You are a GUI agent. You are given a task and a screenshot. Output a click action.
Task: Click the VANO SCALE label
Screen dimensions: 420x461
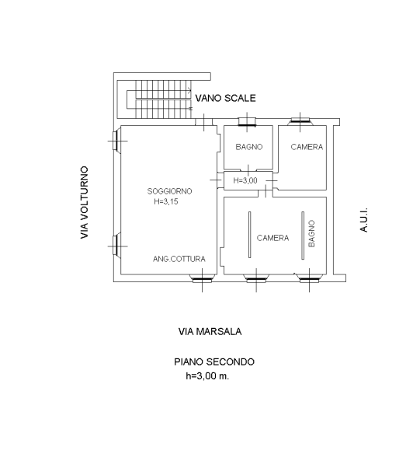[225, 98]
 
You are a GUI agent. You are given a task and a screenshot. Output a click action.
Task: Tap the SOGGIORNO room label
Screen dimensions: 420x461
[170, 191]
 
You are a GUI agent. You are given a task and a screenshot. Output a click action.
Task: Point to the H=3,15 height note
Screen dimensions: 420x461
[166, 201]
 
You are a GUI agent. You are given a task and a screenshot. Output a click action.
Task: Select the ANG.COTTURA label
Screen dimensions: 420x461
[179, 259]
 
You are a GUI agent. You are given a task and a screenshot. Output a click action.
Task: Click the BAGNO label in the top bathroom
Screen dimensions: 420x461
[249, 147]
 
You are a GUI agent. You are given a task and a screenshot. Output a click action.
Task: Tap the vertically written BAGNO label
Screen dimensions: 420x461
[311, 234]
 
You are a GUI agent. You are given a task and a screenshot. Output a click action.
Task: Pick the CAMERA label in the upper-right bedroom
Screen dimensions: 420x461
[307, 147]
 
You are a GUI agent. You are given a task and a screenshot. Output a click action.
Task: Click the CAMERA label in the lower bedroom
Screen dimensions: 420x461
[272, 238]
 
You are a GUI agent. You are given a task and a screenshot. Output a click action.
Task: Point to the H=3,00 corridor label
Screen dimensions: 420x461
[245, 180]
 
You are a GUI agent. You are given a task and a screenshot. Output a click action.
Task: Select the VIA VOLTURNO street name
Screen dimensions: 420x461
[85, 203]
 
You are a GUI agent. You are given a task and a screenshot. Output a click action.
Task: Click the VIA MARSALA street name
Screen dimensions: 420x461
[210, 332]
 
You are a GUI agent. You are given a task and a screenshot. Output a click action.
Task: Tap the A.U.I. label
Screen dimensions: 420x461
[363, 220]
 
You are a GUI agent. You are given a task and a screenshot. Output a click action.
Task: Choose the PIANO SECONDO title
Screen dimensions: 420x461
[214, 361]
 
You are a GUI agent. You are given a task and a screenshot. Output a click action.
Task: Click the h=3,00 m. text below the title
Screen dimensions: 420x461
[207, 375]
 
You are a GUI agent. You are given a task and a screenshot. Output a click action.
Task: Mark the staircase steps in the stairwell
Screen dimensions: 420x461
[163, 100]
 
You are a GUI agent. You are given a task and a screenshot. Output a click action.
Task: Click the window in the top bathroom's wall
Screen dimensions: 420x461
[247, 121]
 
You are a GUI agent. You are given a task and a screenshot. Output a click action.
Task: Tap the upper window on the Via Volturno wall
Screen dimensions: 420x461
[116, 141]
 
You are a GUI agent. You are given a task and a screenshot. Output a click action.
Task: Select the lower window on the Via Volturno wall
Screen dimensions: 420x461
[116, 246]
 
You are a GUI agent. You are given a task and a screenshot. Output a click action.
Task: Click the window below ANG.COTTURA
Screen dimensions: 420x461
[202, 278]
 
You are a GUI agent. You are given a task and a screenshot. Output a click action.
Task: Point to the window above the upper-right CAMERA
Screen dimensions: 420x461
[300, 120]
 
